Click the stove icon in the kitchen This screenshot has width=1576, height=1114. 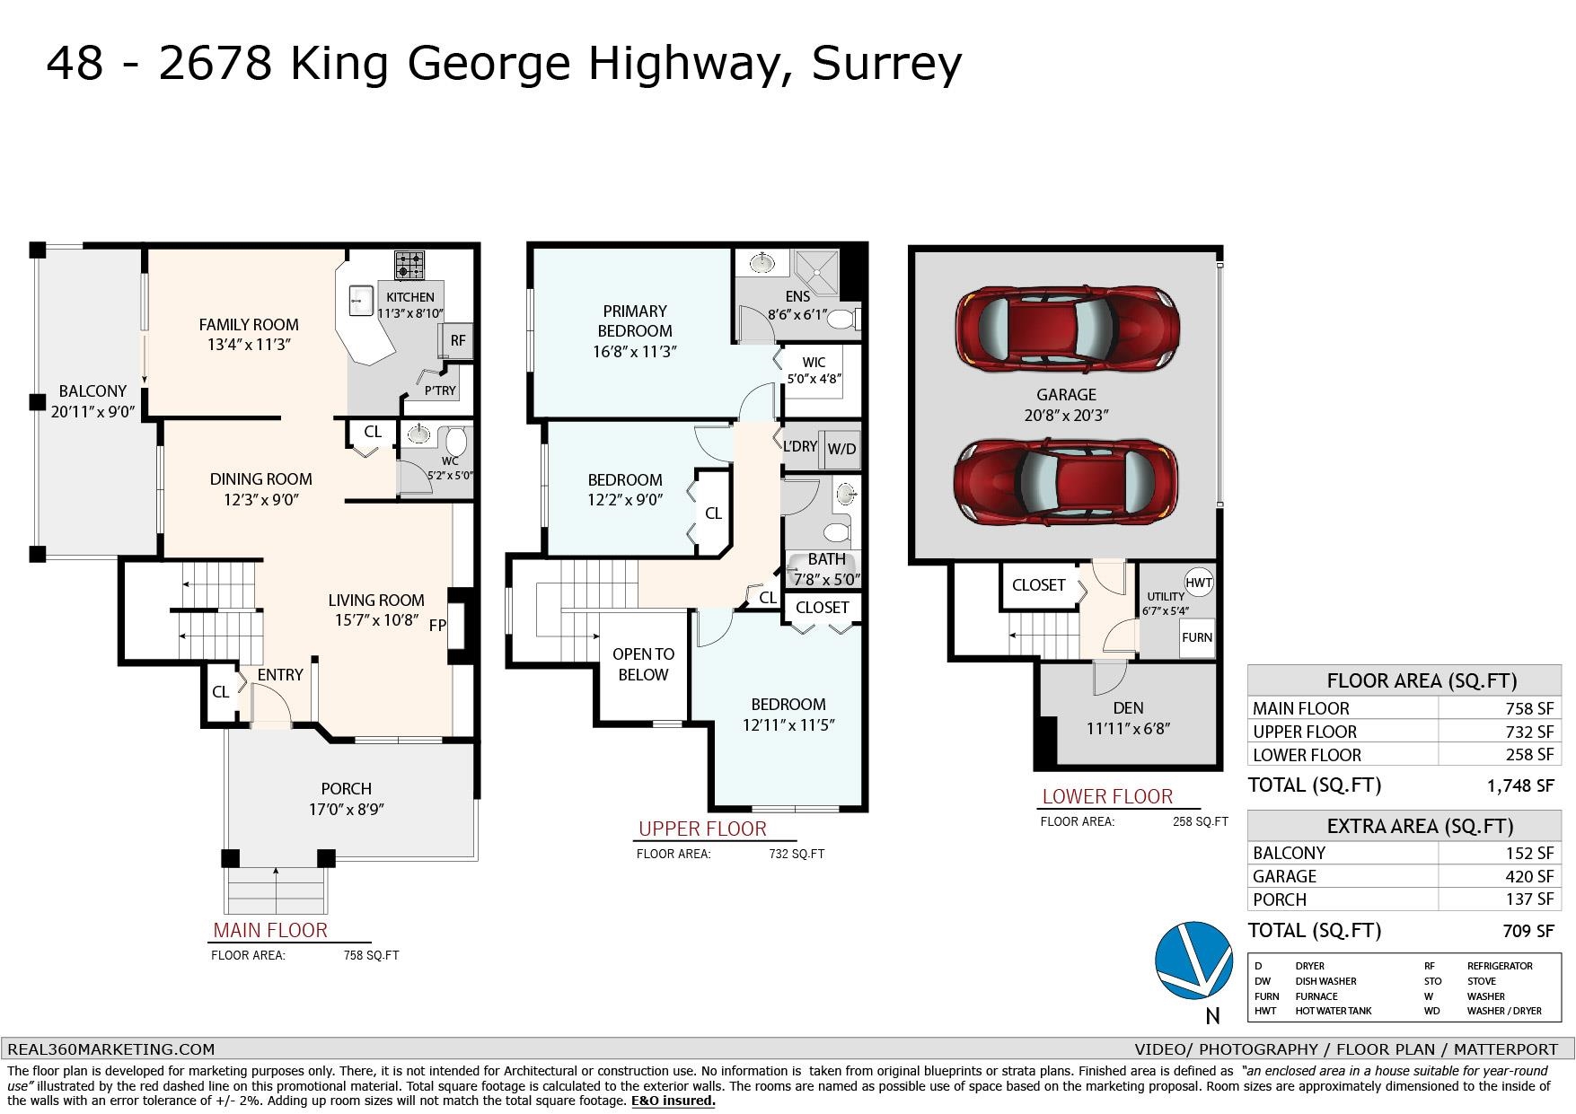tap(409, 266)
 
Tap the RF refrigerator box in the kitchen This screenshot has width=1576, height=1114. tap(456, 341)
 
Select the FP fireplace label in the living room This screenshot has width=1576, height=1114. tap(437, 626)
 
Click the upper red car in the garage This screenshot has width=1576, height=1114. tap(1067, 329)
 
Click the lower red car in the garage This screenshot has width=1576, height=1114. tap(1066, 482)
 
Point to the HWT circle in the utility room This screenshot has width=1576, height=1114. tap(1199, 583)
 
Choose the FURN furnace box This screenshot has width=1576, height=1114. tap(1197, 638)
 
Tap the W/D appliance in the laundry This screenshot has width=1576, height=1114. tap(841, 449)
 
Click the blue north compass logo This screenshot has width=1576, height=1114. tap(1194, 960)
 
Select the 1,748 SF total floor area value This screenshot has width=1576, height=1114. tap(1520, 785)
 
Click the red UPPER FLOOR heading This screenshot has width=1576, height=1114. tap(702, 829)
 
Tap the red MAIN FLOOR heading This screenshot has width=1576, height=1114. tap(270, 930)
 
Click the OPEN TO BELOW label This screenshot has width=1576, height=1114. tap(643, 664)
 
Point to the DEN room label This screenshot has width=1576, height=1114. tap(1128, 708)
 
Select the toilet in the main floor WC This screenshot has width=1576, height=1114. tap(456, 442)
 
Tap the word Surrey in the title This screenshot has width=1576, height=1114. tap(886, 64)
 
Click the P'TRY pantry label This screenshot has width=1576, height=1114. tap(440, 390)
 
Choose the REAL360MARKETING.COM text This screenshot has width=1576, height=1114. tap(111, 1048)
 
